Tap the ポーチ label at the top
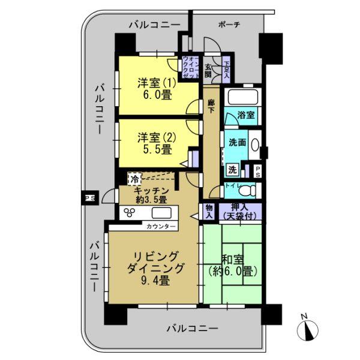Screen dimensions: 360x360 coord(229,25)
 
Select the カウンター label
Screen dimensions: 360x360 coord(161,226)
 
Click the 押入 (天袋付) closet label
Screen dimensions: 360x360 coord(238,211)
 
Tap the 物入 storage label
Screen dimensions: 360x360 coord(209,211)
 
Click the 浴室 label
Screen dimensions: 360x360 coord(245,116)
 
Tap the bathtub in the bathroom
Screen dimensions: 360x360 coord(241,97)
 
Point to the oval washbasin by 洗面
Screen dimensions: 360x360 coord(256,145)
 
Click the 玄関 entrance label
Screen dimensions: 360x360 coord(208,71)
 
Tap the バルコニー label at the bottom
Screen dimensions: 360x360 coord(192,328)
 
